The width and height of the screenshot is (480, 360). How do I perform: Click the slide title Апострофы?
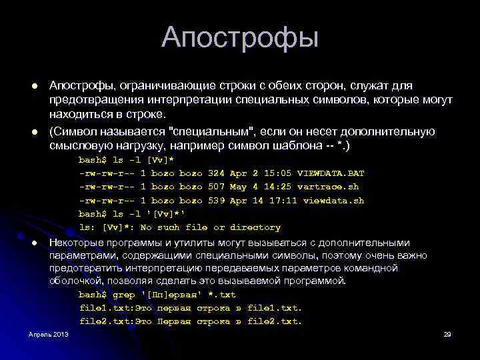click(240, 37)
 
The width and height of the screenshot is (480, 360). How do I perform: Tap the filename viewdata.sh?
click(333, 200)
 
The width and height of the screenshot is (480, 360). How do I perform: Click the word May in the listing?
click(238, 187)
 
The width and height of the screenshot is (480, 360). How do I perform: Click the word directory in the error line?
click(255, 227)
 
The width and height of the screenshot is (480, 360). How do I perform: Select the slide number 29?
click(447, 334)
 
